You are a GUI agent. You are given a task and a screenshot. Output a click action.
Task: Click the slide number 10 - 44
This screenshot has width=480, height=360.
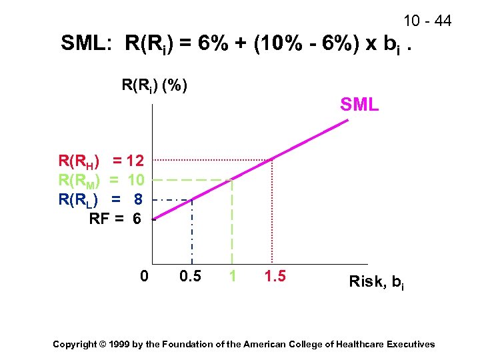(427, 21)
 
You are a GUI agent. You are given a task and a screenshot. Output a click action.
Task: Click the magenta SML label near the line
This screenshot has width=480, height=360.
(359, 105)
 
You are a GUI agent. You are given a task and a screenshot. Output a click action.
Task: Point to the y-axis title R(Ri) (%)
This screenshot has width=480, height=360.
(154, 85)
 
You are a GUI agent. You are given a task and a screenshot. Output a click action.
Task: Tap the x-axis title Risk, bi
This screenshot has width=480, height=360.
(376, 282)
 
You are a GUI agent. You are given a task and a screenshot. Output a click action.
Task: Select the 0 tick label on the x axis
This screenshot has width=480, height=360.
(144, 275)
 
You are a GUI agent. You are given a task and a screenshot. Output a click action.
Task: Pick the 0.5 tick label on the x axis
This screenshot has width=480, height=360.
(190, 275)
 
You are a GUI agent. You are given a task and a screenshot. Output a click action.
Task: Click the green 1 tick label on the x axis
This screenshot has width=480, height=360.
(232, 275)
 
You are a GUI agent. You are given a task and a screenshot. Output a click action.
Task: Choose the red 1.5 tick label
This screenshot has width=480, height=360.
(275, 275)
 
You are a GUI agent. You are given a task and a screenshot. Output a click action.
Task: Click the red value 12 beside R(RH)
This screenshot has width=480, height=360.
(135, 161)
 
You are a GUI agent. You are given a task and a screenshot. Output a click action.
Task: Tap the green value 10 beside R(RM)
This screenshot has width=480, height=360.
(135, 180)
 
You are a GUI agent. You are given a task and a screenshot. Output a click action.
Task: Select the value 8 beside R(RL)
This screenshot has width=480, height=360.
(137, 199)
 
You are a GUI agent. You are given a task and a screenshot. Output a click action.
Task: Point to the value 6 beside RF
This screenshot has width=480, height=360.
(137, 218)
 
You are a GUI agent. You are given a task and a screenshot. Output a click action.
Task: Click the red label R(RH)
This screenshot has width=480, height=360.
(79, 161)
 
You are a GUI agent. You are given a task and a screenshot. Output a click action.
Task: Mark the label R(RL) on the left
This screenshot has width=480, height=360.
(79, 199)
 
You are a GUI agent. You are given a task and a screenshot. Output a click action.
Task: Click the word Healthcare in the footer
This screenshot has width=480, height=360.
(364, 344)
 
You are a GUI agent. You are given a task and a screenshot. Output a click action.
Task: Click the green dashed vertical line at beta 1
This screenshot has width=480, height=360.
(232, 227)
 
